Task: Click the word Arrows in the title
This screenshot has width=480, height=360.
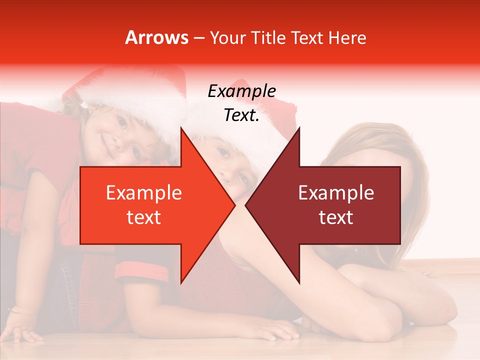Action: pos(156,38)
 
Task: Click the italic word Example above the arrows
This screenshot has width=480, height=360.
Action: pos(241,91)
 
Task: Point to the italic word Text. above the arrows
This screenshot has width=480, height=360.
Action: pos(241,115)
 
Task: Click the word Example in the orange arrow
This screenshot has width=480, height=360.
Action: pos(144,193)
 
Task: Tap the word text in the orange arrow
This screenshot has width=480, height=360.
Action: pos(144,217)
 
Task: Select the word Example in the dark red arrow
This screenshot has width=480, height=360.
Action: pos(336,193)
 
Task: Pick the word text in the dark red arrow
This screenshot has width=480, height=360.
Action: pos(336,217)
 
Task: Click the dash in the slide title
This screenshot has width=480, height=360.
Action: pos(198,38)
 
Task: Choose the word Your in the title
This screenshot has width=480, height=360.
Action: pos(227,38)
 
